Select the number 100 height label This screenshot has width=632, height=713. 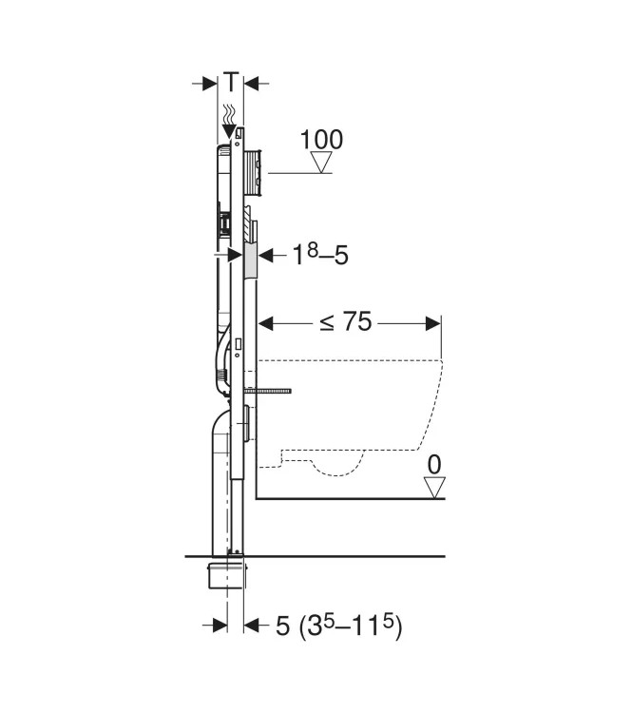(321, 139)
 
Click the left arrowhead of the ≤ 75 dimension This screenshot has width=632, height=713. (267, 323)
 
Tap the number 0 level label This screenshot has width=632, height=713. (435, 467)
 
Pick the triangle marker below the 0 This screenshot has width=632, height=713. (435, 489)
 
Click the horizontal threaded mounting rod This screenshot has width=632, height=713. (271, 390)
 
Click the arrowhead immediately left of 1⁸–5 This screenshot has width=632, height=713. (266, 255)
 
